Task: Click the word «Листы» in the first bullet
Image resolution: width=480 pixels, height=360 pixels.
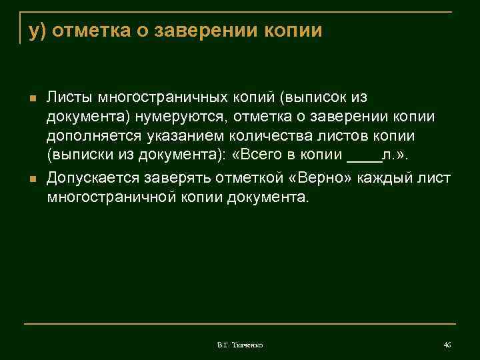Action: coord(69,98)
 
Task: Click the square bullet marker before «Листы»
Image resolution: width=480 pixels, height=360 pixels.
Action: coord(31,99)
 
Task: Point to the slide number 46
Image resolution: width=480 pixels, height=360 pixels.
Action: coord(447,345)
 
